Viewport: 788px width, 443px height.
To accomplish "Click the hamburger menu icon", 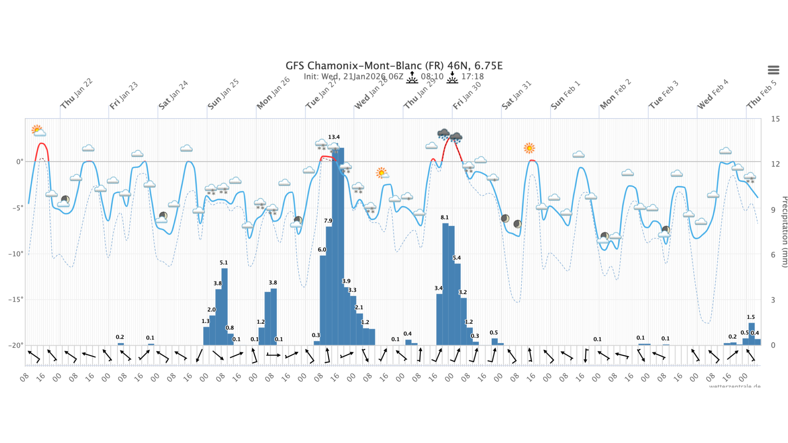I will pos(773,70).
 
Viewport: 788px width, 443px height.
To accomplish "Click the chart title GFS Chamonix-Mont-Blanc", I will pos(394,65).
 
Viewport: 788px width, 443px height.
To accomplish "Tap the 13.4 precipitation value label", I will pos(334,137).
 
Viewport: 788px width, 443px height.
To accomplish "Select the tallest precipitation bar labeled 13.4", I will pos(338,244).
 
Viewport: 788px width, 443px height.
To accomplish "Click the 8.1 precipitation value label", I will pos(444,217).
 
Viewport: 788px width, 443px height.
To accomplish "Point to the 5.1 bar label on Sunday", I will pos(223,263).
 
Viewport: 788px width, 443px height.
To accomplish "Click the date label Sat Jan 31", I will pos(517,95).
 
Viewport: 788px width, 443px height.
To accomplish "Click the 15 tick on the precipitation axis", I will pos(775,119).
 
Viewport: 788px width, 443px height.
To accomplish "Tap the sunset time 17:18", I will pos(472,77).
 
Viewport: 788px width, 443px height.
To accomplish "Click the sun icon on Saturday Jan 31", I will pos(529,148).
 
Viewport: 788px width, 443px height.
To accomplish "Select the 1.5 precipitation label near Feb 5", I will pos(751,317).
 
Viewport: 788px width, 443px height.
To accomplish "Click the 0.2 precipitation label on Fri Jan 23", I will pos(120,337).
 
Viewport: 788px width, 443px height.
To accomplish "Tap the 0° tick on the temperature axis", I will pos(19,161).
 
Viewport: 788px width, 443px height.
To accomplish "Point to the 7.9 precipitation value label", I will pos(328,221).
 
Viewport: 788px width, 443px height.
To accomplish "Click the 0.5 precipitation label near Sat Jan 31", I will pos(493,333).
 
